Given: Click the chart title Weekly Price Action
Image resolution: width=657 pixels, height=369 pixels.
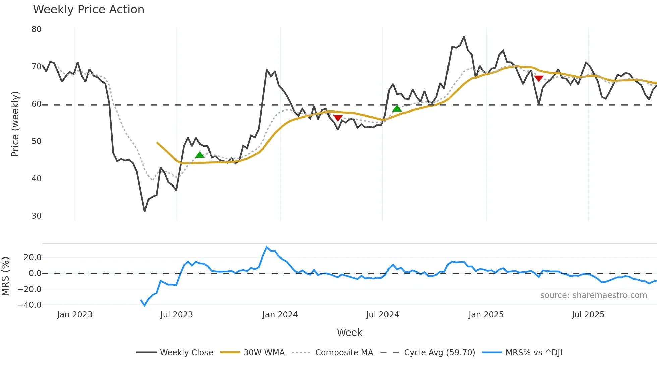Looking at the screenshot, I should (x=88, y=10).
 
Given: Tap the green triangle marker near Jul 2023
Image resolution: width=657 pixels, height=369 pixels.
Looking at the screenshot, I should (x=200, y=155).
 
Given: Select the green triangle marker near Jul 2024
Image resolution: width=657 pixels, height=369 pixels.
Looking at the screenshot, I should (x=397, y=108).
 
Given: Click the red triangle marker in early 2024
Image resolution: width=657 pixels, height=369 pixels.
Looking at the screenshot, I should (x=338, y=118).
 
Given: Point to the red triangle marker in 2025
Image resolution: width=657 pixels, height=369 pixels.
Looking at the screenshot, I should (x=539, y=79).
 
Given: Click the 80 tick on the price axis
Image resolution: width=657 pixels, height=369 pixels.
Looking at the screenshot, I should (x=37, y=29).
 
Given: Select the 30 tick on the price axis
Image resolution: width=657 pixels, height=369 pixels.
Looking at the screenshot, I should (x=37, y=216).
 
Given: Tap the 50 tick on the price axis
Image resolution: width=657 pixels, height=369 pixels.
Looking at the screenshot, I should (x=37, y=141).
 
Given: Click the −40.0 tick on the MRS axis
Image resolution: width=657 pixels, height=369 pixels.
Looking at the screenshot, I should (x=29, y=305).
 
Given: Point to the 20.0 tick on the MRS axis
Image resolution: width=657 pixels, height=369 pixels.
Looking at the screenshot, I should (x=33, y=257).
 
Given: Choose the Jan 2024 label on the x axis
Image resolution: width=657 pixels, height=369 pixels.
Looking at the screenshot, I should (x=280, y=315).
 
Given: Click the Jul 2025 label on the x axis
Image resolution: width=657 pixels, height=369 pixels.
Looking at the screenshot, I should (x=588, y=315).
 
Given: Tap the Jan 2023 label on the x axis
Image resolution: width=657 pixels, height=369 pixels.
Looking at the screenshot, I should (x=74, y=315).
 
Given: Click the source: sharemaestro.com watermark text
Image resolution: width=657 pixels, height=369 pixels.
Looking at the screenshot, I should (x=593, y=295).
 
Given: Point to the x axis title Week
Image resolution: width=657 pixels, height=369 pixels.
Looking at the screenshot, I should (x=349, y=333).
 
